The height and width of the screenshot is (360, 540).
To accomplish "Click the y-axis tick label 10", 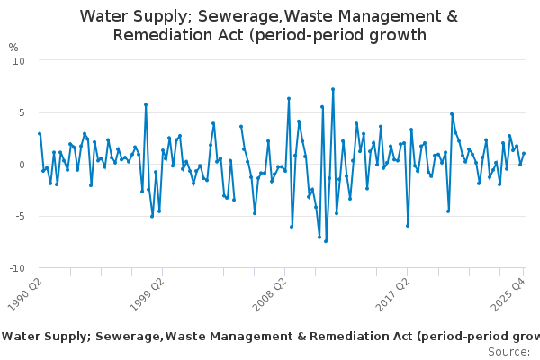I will point(19,60).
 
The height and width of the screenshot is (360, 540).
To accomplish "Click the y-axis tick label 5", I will point(22,112).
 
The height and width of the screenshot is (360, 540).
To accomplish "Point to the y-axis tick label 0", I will point(22,165).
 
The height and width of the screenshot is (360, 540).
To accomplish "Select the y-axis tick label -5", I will point(20,216).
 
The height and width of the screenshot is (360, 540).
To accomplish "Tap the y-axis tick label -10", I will point(17,268).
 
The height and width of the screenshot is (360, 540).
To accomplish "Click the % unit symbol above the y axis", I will point(13,47).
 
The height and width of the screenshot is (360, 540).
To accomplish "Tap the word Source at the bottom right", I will point(508,351).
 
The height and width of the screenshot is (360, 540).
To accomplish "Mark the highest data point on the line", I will point(333,89).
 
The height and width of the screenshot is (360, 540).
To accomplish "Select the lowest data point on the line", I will point(326,241).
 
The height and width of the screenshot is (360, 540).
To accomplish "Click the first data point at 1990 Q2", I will point(40,134).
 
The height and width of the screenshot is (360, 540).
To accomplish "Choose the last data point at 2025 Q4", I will point(524,154).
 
